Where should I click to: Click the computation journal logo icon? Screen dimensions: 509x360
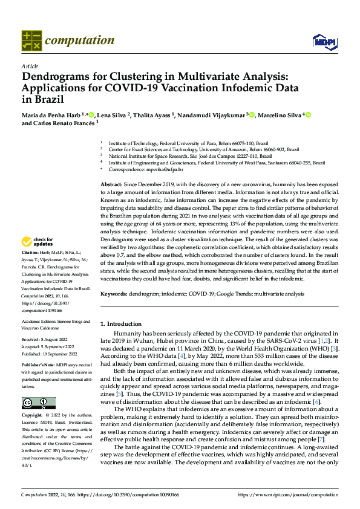(x=31, y=41)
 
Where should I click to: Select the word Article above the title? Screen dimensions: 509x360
(x=30, y=66)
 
